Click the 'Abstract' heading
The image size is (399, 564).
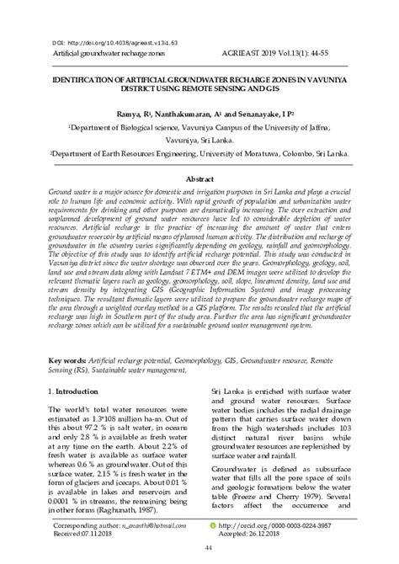pos(199,179)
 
